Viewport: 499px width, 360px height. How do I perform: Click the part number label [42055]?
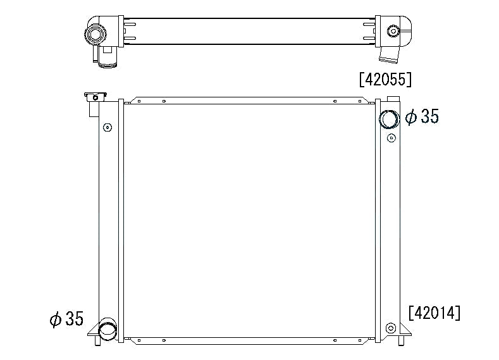click(385, 79)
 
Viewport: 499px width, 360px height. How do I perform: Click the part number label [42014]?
click(434, 313)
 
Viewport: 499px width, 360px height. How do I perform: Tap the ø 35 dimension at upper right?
click(422, 116)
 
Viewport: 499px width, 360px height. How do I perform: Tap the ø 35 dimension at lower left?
click(66, 319)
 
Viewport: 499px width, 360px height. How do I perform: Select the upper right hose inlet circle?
click(389, 119)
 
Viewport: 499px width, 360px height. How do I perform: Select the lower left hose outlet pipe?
click(108, 329)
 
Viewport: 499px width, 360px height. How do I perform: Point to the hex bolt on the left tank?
click(108, 128)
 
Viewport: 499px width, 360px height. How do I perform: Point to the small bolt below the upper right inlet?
click(391, 138)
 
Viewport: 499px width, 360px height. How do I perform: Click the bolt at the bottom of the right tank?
click(391, 328)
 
